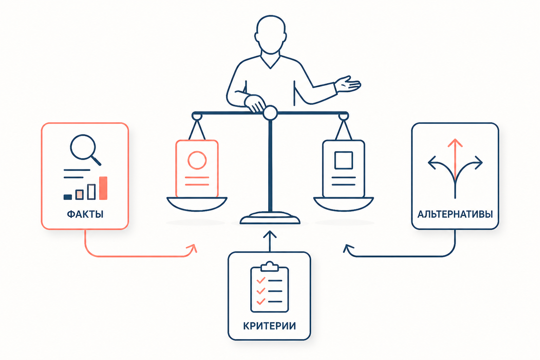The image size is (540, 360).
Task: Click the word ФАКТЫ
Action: (x=85, y=214)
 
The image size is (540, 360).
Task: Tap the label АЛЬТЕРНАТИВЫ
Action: (x=455, y=214)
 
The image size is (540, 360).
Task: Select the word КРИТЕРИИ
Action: (x=269, y=326)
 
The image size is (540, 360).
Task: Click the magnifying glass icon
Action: (x=85, y=149)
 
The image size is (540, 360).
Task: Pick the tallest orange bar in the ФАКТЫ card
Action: (x=103, y=188)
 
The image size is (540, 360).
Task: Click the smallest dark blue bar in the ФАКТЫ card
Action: (x=68, y=197)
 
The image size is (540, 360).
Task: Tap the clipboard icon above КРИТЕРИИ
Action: (x=270, y=287)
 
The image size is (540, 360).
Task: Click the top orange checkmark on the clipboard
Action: (x=261, y=280)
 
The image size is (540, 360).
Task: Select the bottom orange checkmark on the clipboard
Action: (x=261, y=301)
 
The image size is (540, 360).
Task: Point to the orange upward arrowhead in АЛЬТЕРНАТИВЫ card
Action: (x=455, y=142)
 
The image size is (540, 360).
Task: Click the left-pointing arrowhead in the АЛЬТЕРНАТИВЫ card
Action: (x=431, y=163)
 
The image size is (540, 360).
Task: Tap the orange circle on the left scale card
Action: (x=197, y=160)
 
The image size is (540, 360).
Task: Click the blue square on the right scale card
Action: (x=343, y=160)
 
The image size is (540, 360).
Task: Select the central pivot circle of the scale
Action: (x=270, y=113)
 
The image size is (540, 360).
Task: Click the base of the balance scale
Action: (x=270, y=218)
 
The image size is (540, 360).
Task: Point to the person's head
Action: (x=271, y=35)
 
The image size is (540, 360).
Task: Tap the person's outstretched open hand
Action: (x=348, y=84)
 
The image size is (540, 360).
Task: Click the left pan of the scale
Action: (x=197, y=204)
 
